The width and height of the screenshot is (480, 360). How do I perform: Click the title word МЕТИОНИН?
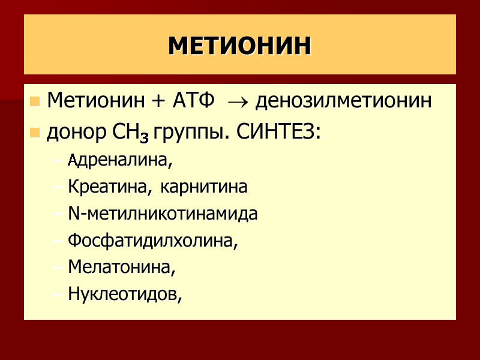[x=240, y=46]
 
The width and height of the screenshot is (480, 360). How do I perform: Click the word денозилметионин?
[x=343, y=101]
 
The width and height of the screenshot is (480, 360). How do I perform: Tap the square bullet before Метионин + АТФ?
[x=34, y=101]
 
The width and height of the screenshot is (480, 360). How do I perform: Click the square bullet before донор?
[x=34, y=133]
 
